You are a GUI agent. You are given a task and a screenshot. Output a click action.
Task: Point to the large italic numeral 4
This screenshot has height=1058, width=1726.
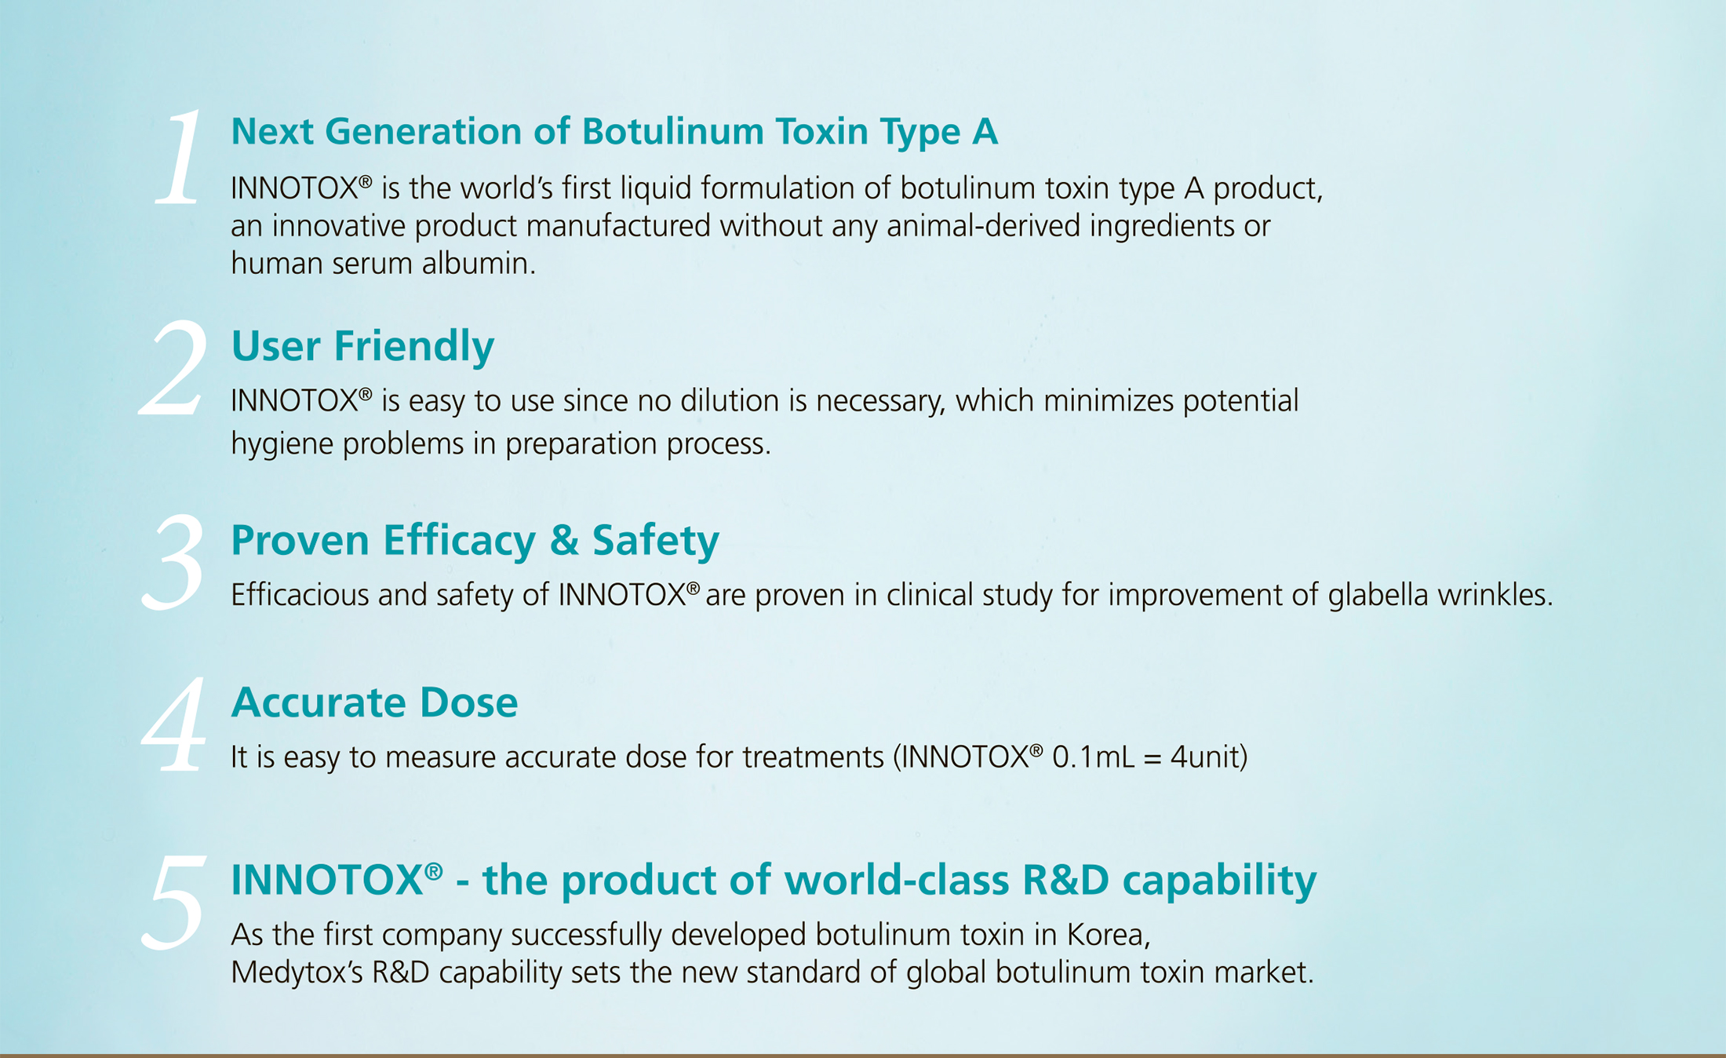174,724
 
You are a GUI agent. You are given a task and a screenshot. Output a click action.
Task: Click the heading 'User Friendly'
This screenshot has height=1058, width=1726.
362,346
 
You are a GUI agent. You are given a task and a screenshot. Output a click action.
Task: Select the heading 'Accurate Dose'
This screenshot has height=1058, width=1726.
374,702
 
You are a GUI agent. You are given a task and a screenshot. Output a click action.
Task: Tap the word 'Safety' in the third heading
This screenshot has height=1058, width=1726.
655,541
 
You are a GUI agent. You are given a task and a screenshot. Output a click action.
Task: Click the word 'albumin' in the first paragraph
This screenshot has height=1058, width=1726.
479,264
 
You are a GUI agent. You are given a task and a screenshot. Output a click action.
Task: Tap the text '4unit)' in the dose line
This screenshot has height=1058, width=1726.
1208,757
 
